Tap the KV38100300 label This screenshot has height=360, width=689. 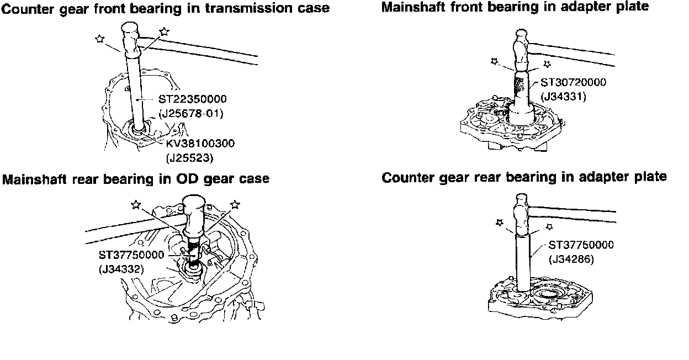coord(200,144)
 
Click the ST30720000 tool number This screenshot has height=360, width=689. coord(573,83)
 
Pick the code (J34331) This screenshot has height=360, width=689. coord(563,96)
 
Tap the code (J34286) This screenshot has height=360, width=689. coord(571,257)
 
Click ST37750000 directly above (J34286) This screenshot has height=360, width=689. coord(581,245)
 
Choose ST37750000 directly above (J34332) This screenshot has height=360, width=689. coord(131,256)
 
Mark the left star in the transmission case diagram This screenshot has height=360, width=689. coord(99,38)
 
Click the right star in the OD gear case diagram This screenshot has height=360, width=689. coord(235,204)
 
